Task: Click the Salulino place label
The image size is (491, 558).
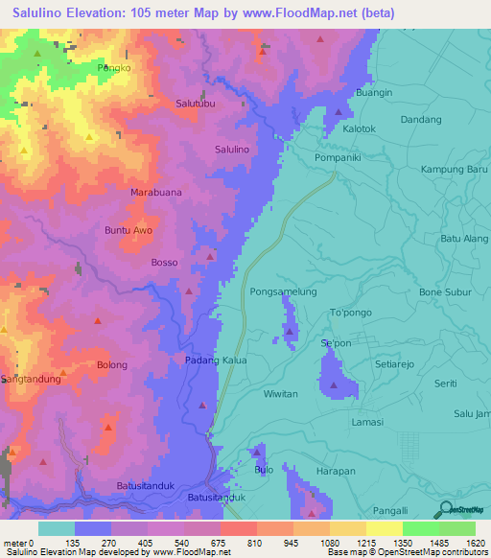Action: point(232,150)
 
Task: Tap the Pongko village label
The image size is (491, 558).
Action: point(113,69)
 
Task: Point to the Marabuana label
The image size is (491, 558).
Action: point(155,192)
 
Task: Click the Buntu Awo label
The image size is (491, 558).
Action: point(128,231)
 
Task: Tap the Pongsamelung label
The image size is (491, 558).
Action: point(283,291)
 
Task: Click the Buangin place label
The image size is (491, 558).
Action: point(374,93)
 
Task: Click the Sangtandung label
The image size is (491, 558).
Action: point(32,379)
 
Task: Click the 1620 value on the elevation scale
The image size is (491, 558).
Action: point(475,544)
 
